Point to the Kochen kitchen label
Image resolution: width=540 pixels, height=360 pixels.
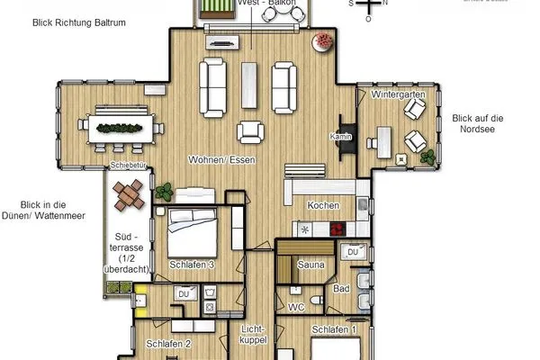[323, 205]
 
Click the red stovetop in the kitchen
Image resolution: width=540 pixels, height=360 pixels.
[338, 229]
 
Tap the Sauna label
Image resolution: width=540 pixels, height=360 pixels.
[311, 265]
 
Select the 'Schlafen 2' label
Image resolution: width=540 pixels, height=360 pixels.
[168, 344]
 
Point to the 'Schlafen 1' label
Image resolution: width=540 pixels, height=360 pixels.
[334, 330]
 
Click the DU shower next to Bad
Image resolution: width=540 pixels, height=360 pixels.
[353, 253]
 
